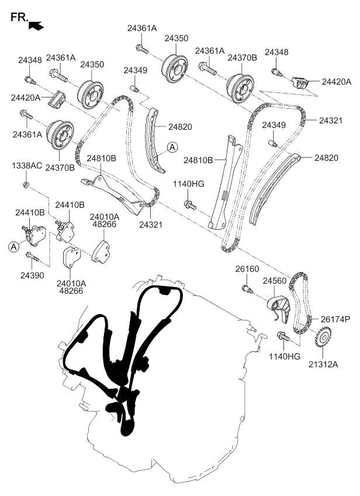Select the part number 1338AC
pyautogui.click(x=27, y=166)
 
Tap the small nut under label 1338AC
pyautogui.click(x=26, y=185)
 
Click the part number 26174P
pyautogui.click(x=335, y=319)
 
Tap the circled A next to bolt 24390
pyautogui.click(x=12, y=247)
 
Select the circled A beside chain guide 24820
pyautogui.click(x=172, y=149)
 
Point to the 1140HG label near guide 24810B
pyautogui.click(x=189, y=184)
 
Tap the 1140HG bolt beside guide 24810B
pyautogui.click(x=189, y=204)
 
